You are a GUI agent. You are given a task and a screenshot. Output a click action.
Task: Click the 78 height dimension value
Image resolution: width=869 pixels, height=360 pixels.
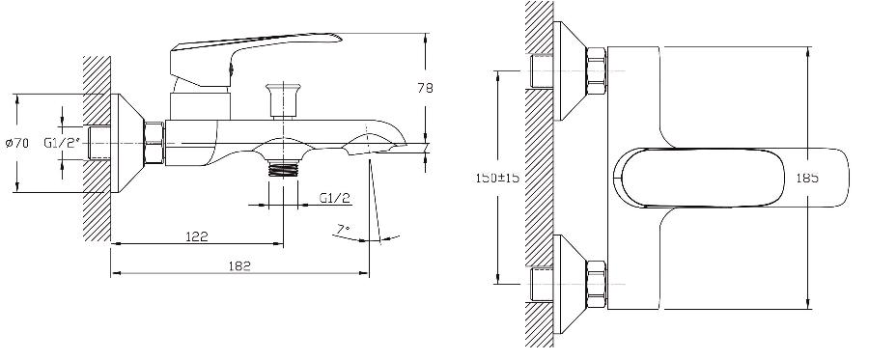click(425, 88)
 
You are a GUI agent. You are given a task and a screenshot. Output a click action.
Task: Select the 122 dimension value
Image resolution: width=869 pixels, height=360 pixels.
click(197, 236)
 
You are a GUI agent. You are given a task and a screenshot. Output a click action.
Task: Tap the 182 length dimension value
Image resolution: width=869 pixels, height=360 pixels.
click(240, 265)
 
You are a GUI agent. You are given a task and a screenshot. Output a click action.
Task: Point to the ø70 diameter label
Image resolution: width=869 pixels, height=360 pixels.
click(17, 143)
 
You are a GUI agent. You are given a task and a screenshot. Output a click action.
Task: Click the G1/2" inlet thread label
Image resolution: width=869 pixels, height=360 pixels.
click(63, 143)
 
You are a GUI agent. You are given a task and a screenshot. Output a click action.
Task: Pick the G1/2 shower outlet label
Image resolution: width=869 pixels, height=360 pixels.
click(335, 198)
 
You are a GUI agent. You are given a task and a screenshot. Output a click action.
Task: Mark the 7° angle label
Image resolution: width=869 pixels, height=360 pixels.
click(344, 228)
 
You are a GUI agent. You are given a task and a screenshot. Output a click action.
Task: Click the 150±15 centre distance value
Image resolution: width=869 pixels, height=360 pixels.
click(497, 178)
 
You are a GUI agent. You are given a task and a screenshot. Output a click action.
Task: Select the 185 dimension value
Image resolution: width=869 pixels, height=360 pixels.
click(807, 178)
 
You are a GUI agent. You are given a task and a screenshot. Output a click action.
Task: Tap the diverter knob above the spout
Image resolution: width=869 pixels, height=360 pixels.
click(283, 99)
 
